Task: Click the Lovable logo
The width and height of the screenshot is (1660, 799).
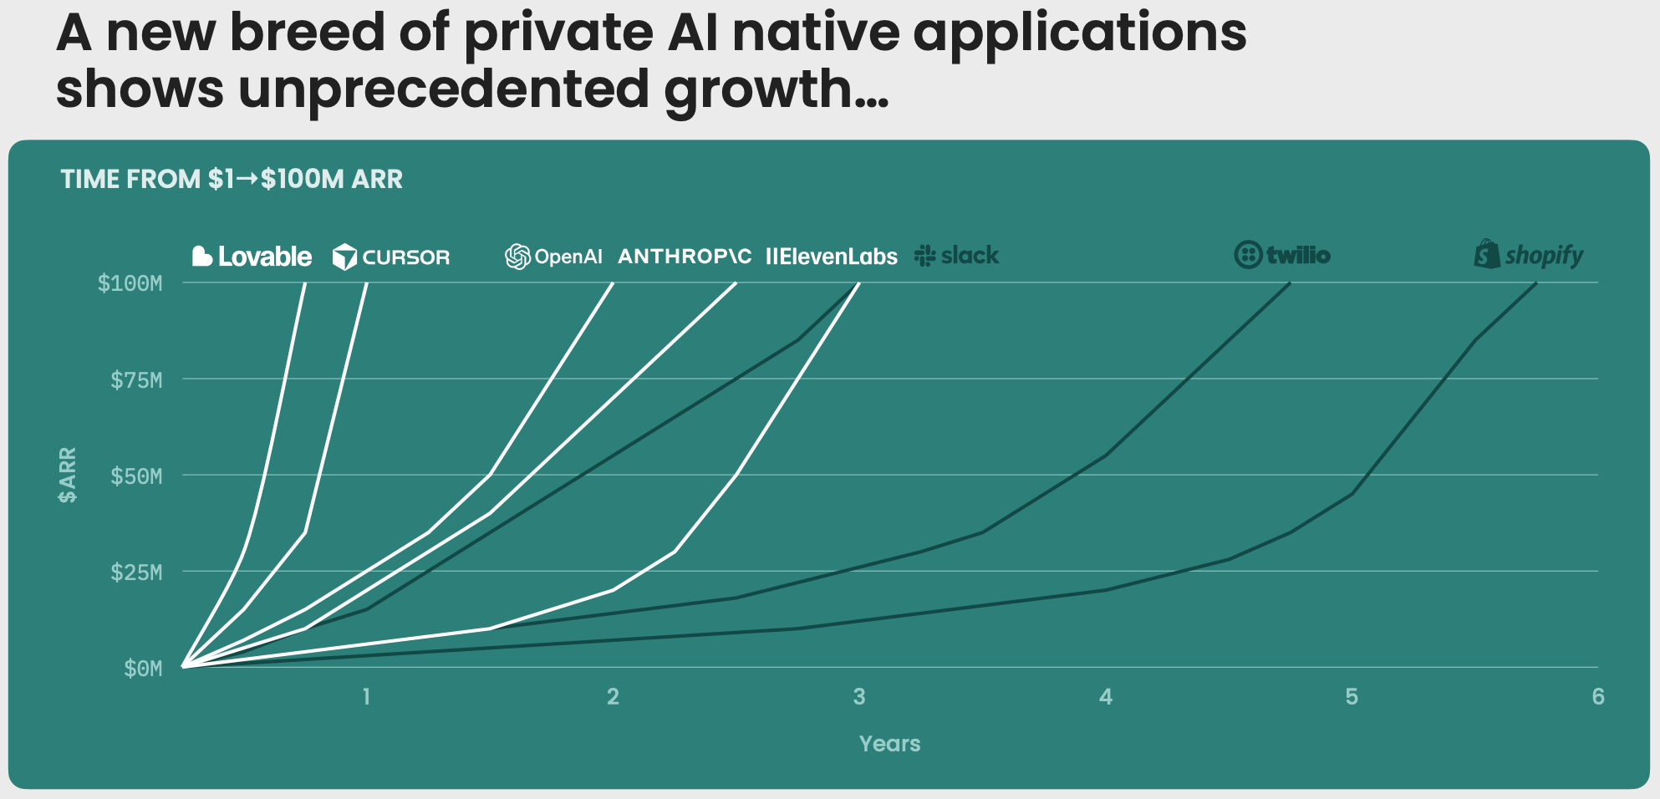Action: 252,257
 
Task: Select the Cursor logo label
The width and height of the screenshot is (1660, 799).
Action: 391,257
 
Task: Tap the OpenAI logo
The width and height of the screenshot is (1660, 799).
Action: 553,257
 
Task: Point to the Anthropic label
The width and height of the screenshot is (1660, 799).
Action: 685,257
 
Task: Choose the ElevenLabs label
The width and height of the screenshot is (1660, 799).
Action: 832,257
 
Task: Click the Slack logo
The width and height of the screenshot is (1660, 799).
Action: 957,256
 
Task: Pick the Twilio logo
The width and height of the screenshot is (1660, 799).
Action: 1282,255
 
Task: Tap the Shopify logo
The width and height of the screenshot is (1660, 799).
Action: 1528,255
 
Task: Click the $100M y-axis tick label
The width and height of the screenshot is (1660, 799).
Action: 130,283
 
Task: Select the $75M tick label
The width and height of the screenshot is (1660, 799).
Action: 136,380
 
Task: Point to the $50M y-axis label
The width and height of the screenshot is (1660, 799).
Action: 136,476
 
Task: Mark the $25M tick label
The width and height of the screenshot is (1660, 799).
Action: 136,573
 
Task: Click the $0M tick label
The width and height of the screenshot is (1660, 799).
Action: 143,669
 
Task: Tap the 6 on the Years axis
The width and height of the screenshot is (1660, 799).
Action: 1597,697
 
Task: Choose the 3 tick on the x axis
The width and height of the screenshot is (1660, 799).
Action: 859,697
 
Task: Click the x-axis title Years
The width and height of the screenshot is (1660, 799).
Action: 889,744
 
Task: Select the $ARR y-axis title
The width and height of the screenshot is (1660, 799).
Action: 68,475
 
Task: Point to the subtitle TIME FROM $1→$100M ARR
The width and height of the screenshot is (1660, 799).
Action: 232,179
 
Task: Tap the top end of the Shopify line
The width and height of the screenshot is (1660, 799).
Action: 1535,283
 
